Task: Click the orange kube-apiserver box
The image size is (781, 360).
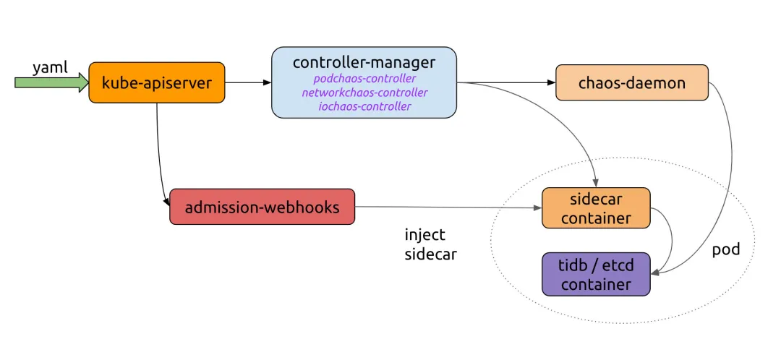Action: [x=156, y=82]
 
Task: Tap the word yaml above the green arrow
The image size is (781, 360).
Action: [x=50, y=67]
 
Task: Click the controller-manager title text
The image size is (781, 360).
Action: [x=364, y=62]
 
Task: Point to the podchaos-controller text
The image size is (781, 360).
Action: [x=364, y=78]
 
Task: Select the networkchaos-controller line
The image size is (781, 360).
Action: [x=364, y=93]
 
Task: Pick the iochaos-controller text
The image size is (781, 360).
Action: [x=364, y=106]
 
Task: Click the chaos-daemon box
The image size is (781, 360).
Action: [x=631, y=82]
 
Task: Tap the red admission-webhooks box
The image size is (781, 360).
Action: [x=262, y=207]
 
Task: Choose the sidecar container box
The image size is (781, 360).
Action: [x=596, y=207]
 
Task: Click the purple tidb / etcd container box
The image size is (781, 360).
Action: [x=596, y=274]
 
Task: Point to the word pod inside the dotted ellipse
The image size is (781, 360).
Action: [x=725, y=249]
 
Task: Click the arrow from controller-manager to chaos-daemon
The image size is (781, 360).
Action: [x=506, y=82]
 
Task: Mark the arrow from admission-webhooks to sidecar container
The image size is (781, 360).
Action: [x=448, y=207]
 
